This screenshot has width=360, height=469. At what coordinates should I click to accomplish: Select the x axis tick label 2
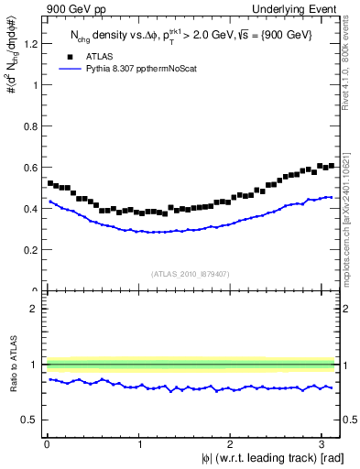point(231,444)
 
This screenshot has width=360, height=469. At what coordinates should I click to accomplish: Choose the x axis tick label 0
point(47,444)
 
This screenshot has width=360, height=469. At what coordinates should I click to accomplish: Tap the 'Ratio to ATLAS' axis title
point(12,365)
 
